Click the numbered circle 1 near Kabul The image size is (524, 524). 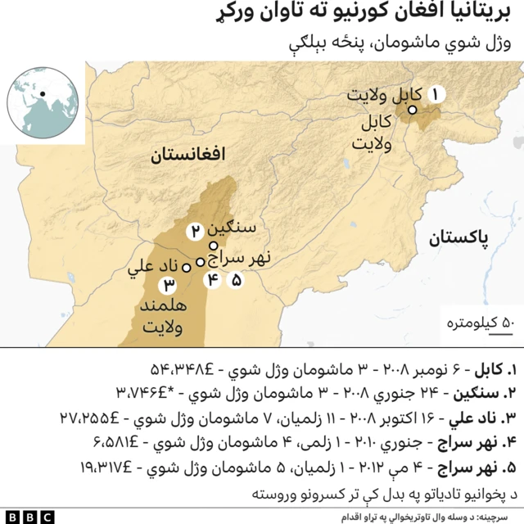coord(435,94)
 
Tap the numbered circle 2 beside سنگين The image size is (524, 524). coord(196,231)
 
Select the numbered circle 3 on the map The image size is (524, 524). coord(168,285)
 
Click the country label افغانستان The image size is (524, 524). coord(187,156)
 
